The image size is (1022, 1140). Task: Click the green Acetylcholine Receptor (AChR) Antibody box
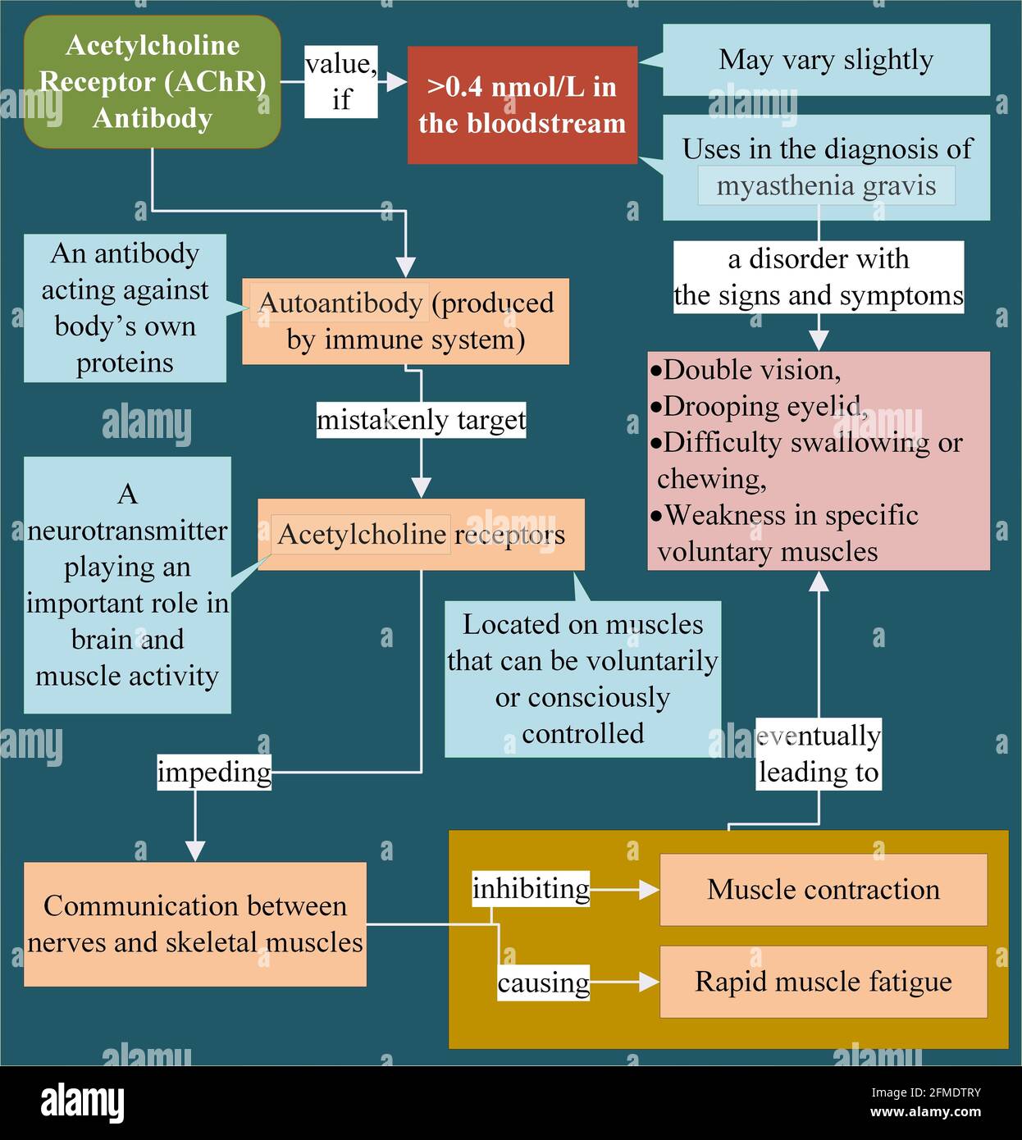pos(153,81)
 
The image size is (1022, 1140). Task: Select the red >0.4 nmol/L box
pos(522,105)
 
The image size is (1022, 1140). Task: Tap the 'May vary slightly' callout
pos(826,60)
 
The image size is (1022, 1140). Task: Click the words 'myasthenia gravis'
pos(826,186)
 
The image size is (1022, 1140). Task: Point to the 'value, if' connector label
pos(341,81)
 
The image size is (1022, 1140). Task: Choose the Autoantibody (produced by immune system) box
pos(405,321)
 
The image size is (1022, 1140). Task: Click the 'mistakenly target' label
pos(421,420)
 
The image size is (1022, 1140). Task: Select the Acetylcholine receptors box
pos(421,534)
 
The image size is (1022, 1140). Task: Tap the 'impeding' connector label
pos(214,773)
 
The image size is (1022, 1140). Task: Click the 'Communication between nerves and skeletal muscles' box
pos(194,923)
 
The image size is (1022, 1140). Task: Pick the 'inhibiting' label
pos(531,889)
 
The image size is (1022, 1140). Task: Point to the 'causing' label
pos(543,983)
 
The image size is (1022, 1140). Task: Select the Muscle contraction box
pos(824,890)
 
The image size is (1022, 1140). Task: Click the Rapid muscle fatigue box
pos(824,982)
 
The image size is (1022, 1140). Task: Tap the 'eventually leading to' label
pos(818,754)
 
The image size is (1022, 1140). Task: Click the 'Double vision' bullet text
pos(751,370)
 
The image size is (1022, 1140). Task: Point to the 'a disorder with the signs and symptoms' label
pos(818,277)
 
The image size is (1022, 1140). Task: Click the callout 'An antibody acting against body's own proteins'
pos(125,308)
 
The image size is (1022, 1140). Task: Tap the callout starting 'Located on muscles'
pos(582,679)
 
